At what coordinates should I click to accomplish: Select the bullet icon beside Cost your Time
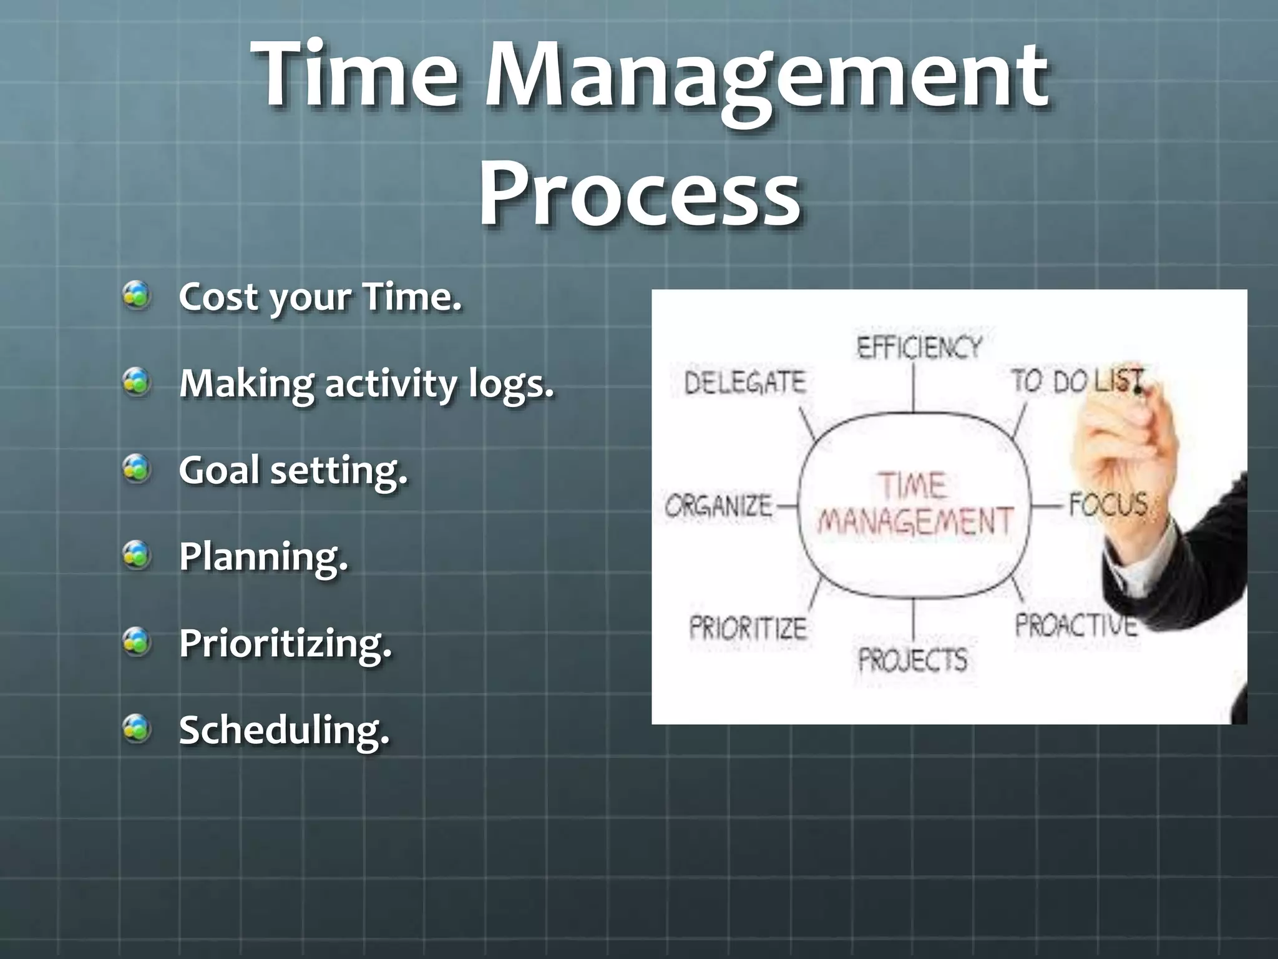pyautogui.click(x=137, y=295)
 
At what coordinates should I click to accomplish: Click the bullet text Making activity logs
pyautogui.click(x=366, y=383)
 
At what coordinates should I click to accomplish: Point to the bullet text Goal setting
pyautogui.click(x=293, y=470)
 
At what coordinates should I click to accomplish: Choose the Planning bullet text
pyautogui.click(x=263, y=556)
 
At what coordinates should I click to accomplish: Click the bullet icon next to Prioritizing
pyautogui.click(x=137, y=642)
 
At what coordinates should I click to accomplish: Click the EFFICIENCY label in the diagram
pyautogui.click(x=919, y=347)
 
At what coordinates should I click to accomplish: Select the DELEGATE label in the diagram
pyautogui.click(x=744, y=382)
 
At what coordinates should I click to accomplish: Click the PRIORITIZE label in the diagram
pyautogui.click(x=748, y=627)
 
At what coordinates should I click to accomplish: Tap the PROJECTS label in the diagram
pyautogui.click(x=912, y=659)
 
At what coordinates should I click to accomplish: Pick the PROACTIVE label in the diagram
pyautogui.click(x=1075, y=624)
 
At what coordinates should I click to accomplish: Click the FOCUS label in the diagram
pyautogui.click(x=1108, y=504)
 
